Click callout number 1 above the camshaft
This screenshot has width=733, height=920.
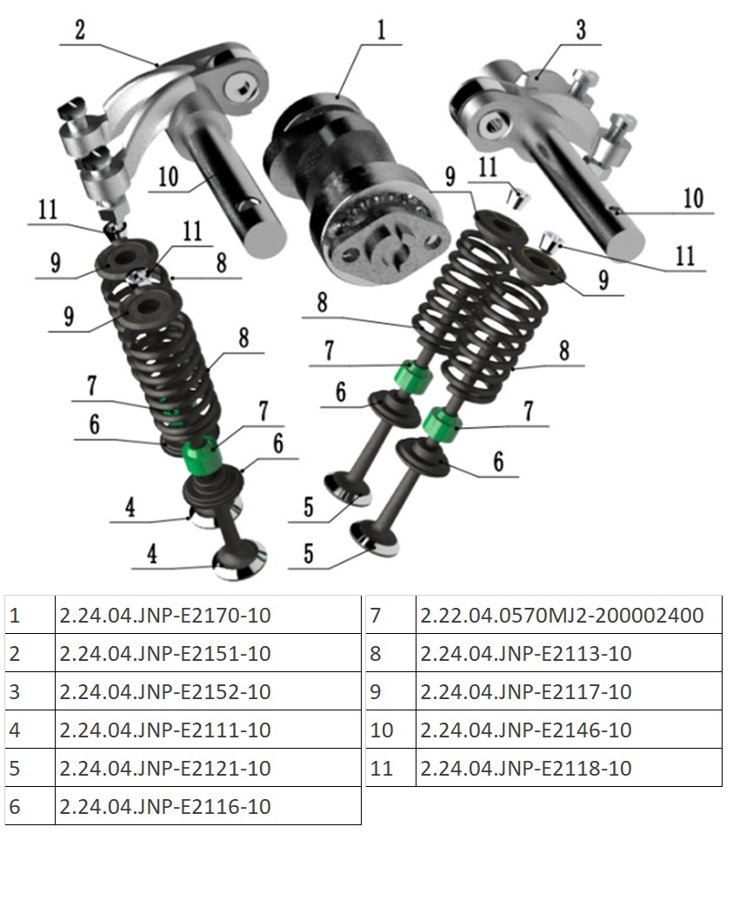click(382, 30)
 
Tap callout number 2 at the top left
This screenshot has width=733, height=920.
click(80, 30)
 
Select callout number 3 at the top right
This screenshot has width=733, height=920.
click(581, 30)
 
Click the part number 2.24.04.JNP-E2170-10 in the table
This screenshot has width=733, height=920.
click(165, 615)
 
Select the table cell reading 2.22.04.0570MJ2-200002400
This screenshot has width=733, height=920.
click(562, 615)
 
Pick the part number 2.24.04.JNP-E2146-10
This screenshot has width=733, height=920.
click(526, 730)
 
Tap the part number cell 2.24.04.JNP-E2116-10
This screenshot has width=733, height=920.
click(165, 806)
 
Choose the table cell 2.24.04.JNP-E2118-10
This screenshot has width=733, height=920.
click(526, 768)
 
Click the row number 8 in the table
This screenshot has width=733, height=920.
click(376, 653)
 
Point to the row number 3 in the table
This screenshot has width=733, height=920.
click(15, 692)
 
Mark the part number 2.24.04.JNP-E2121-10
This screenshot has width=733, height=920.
click(165, 768)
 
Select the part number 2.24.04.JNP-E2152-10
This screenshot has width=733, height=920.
click(165, 692)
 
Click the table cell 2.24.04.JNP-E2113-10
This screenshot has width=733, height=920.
click(526, 653)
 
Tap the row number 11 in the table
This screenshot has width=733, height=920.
click(382, 768)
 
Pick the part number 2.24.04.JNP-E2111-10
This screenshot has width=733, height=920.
click(165, 730)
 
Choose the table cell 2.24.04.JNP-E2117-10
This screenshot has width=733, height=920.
click(526, 692)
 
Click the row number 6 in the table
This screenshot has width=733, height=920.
click(15, 806)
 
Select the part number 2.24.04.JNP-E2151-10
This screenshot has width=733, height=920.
click(165, 653)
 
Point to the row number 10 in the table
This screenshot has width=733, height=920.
click(382, 730)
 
